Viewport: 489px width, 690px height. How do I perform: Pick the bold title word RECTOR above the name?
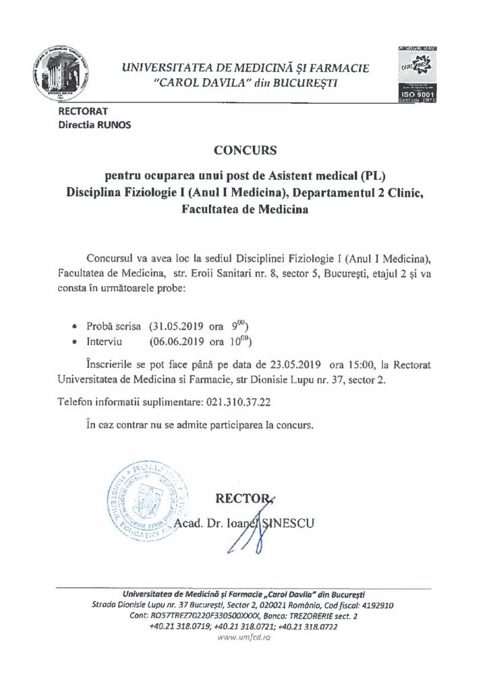pos(240,499)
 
